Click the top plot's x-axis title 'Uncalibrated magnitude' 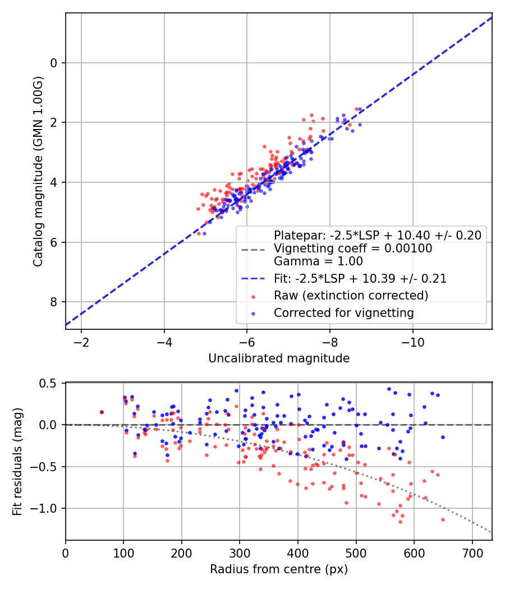coord(279,358)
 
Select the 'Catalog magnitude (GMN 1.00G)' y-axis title coord(38,172)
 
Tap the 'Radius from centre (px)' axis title coord(279,569)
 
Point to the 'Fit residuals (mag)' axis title coord(17,462)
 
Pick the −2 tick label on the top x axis coord(81,342)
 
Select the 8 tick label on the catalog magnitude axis coord(54,302)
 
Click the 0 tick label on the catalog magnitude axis coord(54,63)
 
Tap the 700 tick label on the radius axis coord(472,553)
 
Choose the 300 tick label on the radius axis coord(240,553)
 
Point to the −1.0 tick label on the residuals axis coord(44,509)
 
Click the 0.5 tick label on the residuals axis coord(48,384)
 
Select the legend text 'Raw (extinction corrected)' coord(351,296)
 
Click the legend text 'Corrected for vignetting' coord(344,313)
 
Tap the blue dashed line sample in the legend coord(253,279)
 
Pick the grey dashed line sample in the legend coord(253,250)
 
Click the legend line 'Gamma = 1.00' coord(318,261)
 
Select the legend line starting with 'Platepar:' coord(378,236)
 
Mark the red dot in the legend coord(253,297)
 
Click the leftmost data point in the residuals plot coord(102,412)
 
